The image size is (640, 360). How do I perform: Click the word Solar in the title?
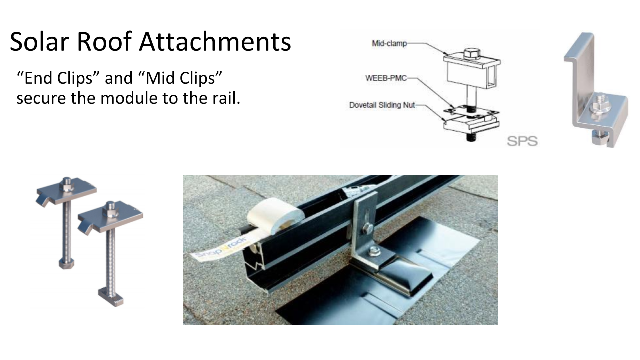39,42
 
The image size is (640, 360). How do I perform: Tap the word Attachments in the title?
215,42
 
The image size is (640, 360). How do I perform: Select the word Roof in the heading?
104,42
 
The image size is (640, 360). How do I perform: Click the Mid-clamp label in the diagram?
389,43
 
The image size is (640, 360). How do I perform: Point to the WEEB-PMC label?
386,78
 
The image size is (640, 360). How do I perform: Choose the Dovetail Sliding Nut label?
382,105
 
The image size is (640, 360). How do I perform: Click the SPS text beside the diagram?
522,141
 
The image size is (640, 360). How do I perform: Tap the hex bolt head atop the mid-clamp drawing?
471,53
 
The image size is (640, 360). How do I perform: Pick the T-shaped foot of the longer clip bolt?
111,297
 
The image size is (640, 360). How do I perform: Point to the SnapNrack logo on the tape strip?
220,248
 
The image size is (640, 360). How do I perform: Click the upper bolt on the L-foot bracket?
367,229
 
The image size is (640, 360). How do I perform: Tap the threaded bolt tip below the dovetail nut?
472,136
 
